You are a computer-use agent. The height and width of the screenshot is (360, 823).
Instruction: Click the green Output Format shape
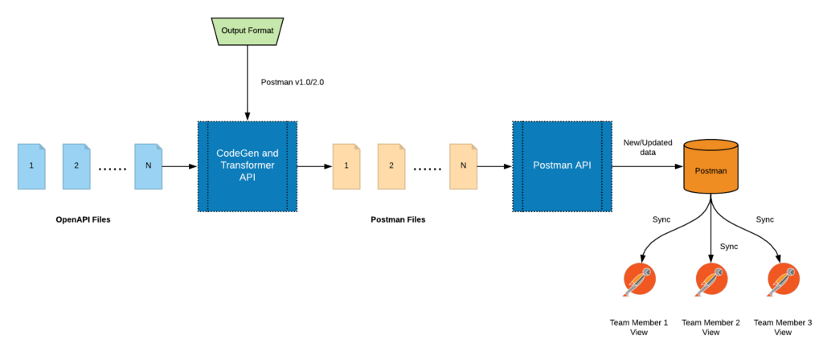click(248, 31)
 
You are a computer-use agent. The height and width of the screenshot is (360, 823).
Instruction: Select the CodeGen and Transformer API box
click(248, 166)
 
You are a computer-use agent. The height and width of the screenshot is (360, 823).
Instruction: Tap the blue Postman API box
click(562, 166)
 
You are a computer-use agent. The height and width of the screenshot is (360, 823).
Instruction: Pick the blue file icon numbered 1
click(32, 166)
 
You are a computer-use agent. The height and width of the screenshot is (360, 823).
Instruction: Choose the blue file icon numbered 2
click(77, 166)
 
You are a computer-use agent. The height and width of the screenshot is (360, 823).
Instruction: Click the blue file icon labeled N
click(148, 166)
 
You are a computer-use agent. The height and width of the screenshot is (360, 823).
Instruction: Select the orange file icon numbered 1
click(347, 166)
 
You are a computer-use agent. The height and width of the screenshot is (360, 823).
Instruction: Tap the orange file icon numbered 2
click(391, 166)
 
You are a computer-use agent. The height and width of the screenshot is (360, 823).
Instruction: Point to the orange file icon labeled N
click(463, 166)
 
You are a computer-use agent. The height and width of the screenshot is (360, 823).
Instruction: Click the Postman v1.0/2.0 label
click(293, 82)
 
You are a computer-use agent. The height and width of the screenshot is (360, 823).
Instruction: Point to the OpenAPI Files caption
click(83, 219)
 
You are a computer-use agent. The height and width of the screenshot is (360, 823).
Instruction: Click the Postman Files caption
click(398, 219)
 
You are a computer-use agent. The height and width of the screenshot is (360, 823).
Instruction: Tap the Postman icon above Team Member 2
click(710, 280)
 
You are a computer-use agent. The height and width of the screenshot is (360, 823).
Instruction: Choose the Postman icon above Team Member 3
click(782, 280)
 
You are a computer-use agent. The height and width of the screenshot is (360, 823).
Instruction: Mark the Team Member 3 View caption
click(782, 326)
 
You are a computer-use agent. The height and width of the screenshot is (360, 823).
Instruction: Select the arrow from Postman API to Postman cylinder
click(646, 166)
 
